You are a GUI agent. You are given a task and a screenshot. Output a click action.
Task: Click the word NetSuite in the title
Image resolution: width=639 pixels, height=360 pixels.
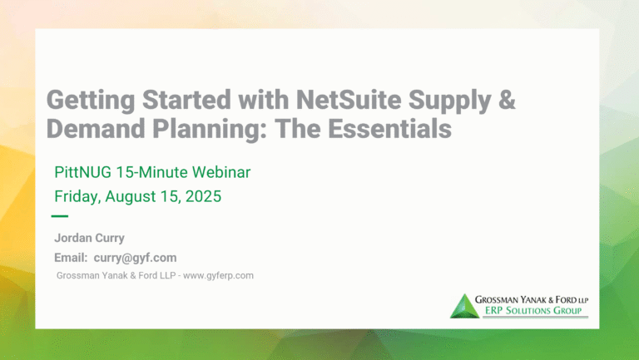pyautogui.click(x=349, y=100)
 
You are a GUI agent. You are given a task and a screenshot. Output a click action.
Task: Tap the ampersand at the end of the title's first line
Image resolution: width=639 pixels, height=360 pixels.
pyautogui.click(x=507, y=100)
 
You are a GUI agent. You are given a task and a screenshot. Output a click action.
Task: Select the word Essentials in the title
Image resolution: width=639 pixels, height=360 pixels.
pyautogui.click(x=389, y=129)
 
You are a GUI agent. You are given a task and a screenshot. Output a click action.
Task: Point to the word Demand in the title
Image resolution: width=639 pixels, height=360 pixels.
pyautogui.click(x=96, y=129)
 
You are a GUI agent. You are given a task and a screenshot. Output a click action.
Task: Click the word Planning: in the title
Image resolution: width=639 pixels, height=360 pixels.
pyautogui.click(x=210, y=130)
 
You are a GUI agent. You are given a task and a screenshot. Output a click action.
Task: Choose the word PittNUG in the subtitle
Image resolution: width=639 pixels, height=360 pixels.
pyautogui.click(x=82, y=172)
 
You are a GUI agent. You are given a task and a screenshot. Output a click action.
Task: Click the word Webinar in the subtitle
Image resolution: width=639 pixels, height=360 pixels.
pyautogui.click(x=221, y=172)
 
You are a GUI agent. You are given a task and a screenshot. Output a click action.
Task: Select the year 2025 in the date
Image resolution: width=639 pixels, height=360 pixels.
pyautogui.click(x=203, y=196)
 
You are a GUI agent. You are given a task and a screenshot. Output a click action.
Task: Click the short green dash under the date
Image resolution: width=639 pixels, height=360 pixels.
pyautogui.click(x=60, y=216)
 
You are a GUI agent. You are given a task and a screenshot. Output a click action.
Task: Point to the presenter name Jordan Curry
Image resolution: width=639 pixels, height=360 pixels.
pyautogui.click(x=89, y=238)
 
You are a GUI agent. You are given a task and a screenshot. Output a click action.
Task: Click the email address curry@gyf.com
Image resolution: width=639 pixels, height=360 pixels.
pyautogui.click(x=136, y=258)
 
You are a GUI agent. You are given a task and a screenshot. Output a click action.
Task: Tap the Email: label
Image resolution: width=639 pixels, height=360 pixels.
pyautogui.click(x=71, y=258)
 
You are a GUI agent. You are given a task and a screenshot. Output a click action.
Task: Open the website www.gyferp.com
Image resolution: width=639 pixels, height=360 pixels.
pyautogui.click(x=219, y=276)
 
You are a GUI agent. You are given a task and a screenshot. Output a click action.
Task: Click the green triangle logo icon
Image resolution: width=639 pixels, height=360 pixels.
pyautogui.click(x=464, y=306)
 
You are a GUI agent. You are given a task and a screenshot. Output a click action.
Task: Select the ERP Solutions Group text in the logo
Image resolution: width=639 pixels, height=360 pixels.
pyautogui.click(x=533, y=311)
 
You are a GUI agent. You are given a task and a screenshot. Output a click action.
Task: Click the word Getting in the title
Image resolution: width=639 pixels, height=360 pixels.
pyautogui.click(x=91, y=101)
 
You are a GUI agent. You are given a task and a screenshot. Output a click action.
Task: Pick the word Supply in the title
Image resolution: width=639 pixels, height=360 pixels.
pyautogui.click(x=449, y=101)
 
